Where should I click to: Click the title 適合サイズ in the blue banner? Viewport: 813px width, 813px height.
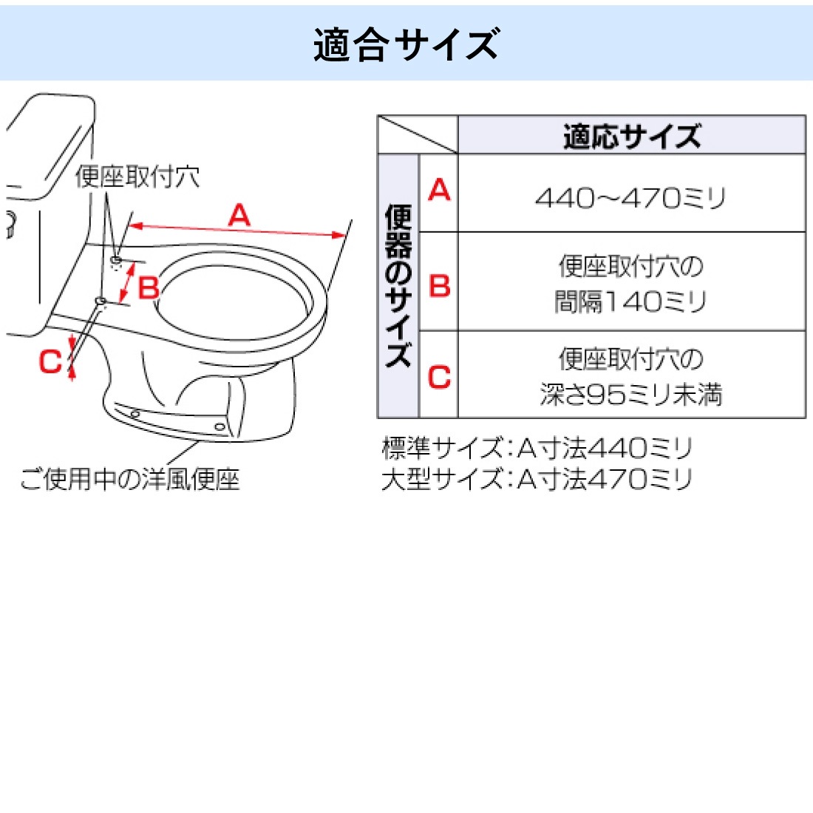(x=406, y=44)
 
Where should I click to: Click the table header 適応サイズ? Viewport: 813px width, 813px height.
(x=631, y=137)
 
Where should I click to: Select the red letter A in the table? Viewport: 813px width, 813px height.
(x=439, y=189)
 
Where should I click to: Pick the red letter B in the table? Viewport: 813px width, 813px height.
(x=440, y=286)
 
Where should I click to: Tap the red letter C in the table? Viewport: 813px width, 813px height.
(x=439, y=376)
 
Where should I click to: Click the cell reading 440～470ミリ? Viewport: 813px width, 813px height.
(x=630, y=198)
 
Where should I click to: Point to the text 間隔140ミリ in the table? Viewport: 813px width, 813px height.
(x=630, y=302)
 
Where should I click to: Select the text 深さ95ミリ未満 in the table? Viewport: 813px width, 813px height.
(x=631, y=394)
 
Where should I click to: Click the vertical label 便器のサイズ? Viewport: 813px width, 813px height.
(x=398, y=286)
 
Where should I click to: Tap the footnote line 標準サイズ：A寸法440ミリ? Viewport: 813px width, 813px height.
(x=537, y=448)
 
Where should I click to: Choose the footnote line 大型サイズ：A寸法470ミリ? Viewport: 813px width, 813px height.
(x=537, y=479)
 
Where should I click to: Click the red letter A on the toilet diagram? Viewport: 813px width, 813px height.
(x=239, y=214)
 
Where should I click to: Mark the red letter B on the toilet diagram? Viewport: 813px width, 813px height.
(x=149, y=288)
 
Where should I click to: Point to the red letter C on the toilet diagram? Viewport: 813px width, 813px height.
(x=50, y=361)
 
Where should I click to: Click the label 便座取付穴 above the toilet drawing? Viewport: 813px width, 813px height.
(x=137, y=177)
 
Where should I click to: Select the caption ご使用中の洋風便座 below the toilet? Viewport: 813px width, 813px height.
(x=129, y=479)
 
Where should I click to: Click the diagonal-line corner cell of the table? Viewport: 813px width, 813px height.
(x=418, y=135)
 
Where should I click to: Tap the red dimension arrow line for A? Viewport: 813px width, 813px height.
(x=237, y=230)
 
